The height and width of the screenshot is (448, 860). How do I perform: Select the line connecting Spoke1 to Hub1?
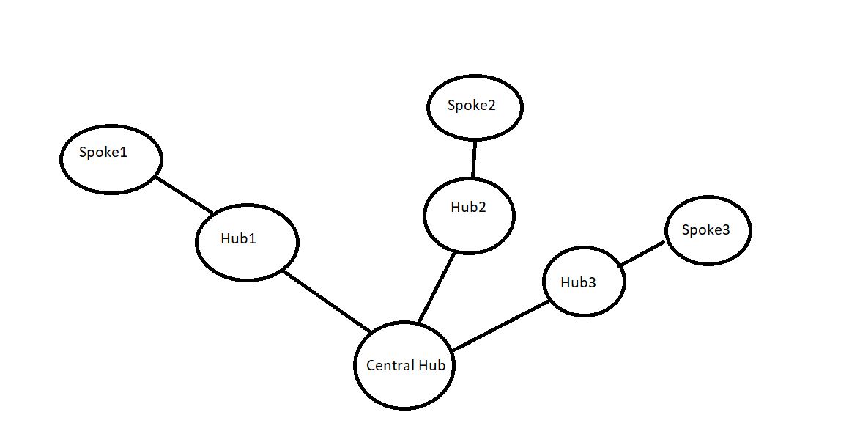tap(185, 195)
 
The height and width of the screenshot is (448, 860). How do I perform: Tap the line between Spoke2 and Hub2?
tap(474, 158)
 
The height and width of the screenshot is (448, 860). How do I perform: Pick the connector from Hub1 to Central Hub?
tap(327, 301)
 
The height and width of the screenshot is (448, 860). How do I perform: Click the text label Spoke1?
tap(103, 153)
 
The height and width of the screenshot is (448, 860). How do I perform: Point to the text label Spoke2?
tap(472, 106)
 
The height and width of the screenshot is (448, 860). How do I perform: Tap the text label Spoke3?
tap(705, 230)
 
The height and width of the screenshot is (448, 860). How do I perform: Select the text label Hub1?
tap(238, 238)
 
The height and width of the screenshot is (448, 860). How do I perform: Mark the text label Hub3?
tap(578, 282)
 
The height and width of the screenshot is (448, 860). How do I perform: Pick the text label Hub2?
tap(468, 207)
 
